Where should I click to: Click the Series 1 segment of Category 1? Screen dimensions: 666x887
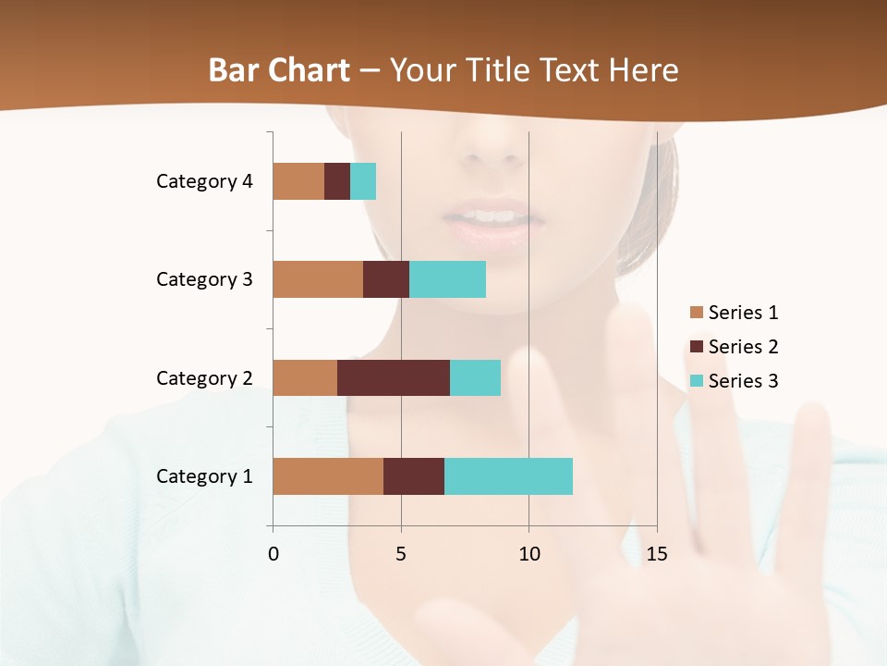[328, 475]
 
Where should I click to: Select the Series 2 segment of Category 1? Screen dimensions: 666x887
[414, 475]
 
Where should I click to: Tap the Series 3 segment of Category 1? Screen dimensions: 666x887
[508, 475]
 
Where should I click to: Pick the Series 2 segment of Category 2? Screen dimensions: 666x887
[394, 377]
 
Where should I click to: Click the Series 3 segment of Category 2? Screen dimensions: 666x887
[475, 377]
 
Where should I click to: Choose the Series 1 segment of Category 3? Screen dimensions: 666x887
[318, 278]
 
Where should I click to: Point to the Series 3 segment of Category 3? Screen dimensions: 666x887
[447, 278]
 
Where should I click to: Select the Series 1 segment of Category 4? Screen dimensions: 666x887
[298, 180]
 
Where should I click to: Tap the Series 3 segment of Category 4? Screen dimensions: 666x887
[363, 180]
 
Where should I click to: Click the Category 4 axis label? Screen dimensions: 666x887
[204, 181]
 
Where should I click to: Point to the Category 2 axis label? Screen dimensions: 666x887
[204, 377]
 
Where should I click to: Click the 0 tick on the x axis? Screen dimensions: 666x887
[273, 554]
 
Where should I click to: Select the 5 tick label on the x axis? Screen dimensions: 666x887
[401, 554]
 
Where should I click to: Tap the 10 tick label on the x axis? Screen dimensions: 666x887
[529, 554]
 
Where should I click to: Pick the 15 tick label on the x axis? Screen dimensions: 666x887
[656, 554]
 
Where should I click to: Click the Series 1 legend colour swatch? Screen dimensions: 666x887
[696, 313]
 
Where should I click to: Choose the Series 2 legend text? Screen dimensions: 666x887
[743, 347]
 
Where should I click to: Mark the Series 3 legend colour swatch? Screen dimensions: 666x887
[696, 381]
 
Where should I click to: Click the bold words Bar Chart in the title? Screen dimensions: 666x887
[279, 70]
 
